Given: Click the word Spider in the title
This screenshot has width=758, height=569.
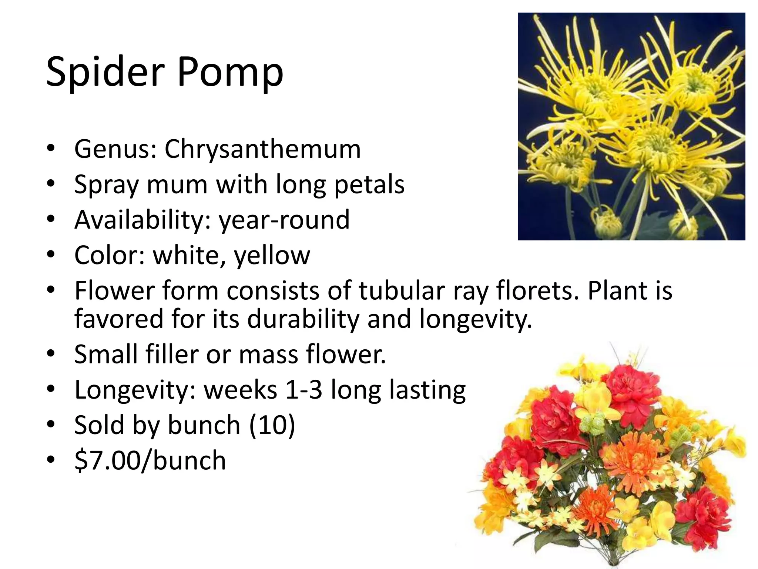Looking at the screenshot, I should (105, 72).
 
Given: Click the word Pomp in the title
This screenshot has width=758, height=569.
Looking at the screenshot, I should (230, 72).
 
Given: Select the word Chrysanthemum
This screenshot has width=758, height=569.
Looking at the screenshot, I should (262, 149).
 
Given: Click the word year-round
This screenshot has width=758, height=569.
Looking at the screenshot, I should (284, 219).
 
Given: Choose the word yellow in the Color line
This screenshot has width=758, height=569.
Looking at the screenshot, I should (272, 256).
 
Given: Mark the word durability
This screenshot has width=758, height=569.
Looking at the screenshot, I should (303, 319).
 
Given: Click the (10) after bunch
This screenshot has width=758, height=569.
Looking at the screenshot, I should (272, 425).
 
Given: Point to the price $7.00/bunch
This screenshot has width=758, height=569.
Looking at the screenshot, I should (150, 460).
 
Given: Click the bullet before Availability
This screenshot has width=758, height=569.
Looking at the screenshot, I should (51, 219).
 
